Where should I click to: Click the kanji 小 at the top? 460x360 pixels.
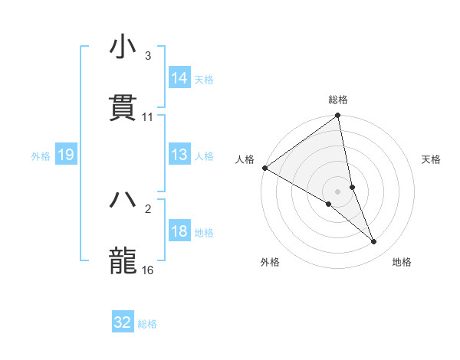pyautogui.click(x=123, y=47)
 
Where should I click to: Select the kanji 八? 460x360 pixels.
pyautogui.click(x=123, y=200)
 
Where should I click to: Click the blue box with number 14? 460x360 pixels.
pyautogui.click(x=179, y=78)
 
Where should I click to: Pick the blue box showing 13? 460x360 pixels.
pyautogui.click(x=179, y=155)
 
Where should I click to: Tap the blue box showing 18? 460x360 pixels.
pyautogui.click(x=179, y=232)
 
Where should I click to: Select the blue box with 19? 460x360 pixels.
pyautogui.click(x=65, y=155)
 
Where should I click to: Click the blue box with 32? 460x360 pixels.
pyautogui.click(x=123, y=322)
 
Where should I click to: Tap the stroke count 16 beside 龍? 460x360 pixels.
pyautogui.click(x=147, y=270)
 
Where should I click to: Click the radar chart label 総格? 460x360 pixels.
pyautogui.click(x=338, y=100)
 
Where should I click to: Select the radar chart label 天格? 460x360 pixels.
pyautogui.click(x=431, y=159)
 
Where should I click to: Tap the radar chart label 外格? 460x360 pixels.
pyautogui.click(x=270, y=262)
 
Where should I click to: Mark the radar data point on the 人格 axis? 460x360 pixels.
pyautogui.click(x=264, y=168)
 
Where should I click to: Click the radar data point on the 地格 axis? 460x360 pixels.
pyautogui.click(x=374, y=241)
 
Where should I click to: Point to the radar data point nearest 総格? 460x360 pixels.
pyautogui.click(x=338, y=116)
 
